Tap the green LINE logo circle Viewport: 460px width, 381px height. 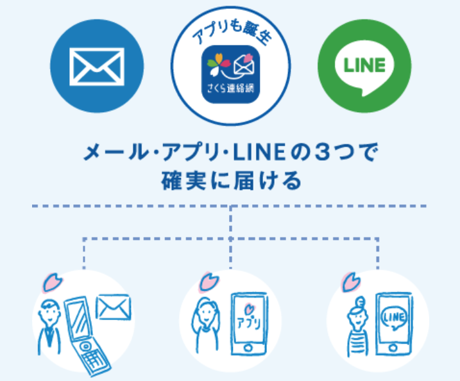click(364, 66)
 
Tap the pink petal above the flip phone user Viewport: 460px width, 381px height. click(51, 280)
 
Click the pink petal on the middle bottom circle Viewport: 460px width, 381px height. click(208, 280)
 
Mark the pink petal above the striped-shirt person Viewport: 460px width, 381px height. click(352, 280)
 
